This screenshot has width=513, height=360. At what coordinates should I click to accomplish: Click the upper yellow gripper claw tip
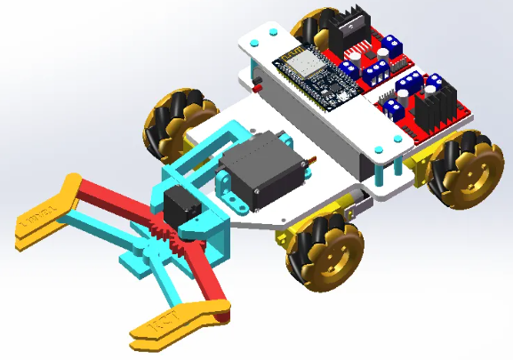pos(44,218)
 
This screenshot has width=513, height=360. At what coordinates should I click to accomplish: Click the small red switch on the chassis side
pos(258,87)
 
